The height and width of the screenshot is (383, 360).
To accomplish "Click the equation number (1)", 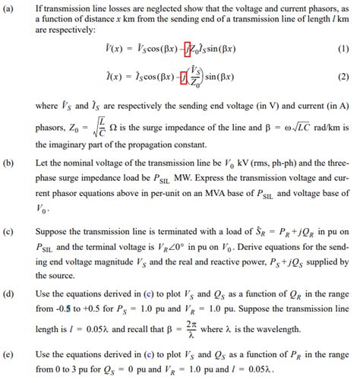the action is coord(342,49).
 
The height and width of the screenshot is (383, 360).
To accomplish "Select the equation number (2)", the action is coord(342,77).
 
